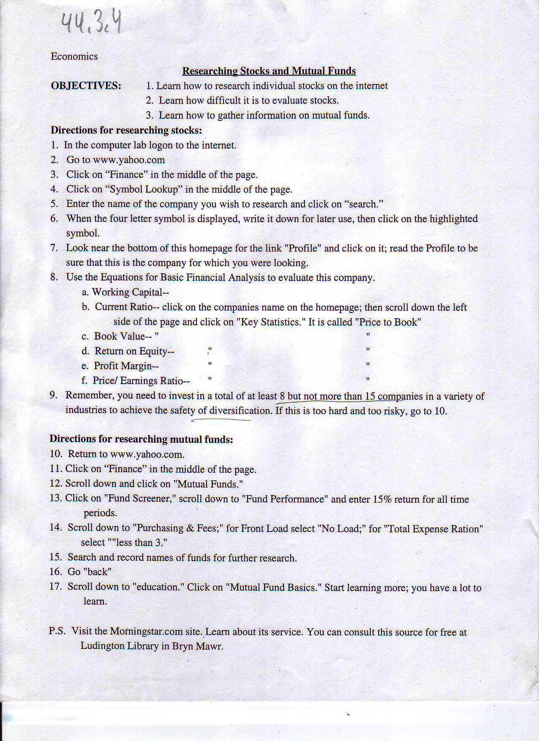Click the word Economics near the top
pyautogui.click(x=74, y=57)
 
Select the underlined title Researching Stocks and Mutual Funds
pyautogui.click(x=269, y=71)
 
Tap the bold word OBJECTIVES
pyautogui.click(x=86, y=86)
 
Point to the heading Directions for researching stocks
pyautogui.click(x=126, y=130)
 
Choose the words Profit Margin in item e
pyautogui.click(x=122, y=366)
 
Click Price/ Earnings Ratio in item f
pyautogui.click(x=138, y=381)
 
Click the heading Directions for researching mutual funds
pyautogui.click(x=141, y=439)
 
